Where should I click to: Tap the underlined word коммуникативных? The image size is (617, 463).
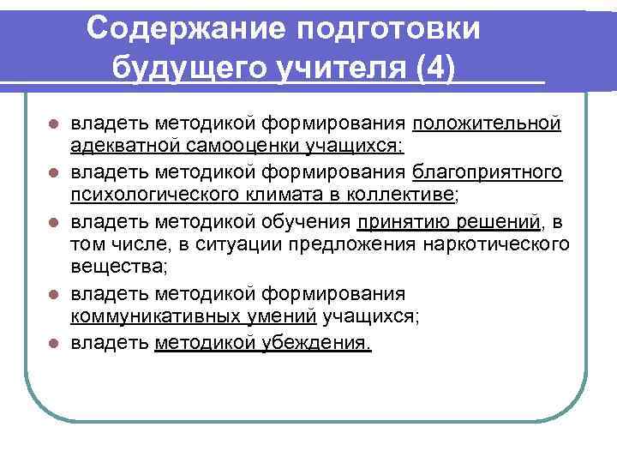tap(153, 316)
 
